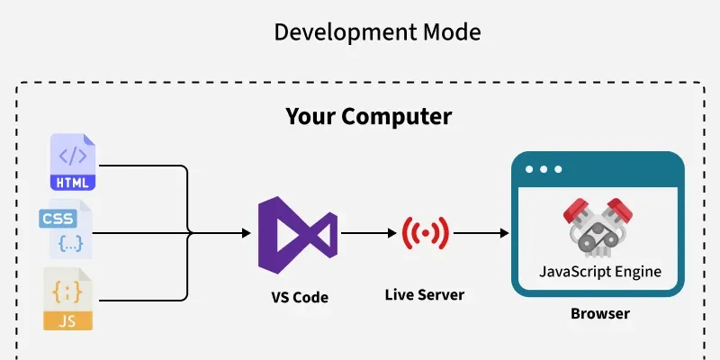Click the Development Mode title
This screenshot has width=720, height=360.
(377, 33)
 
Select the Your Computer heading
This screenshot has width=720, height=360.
(368, 117)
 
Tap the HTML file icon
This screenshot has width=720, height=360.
(73, 163)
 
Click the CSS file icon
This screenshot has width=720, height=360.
(66, 231)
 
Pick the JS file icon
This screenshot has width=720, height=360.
(68, 299)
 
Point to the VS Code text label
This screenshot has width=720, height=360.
(300, 298)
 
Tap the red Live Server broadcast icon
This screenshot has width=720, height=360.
(425, 234)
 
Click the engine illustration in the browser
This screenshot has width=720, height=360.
(598, 223)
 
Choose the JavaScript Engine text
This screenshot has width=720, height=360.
(599, 271)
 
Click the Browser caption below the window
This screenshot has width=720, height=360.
(599, 315)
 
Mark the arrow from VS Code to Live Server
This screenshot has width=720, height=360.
(368, 234)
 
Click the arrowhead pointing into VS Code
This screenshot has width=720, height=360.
(246, 234)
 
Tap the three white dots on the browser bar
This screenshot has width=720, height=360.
(544, 169)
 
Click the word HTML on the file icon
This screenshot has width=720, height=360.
(73, 183)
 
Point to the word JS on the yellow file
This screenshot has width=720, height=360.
(68, 319)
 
